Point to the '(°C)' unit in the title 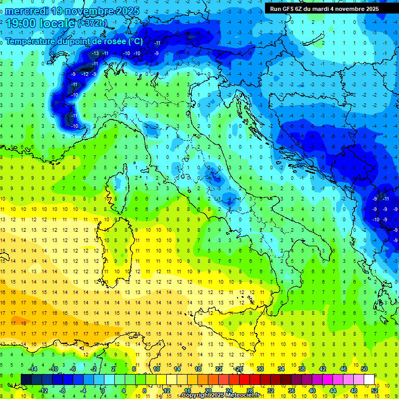click(135, 41)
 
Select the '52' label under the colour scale click(375, 391)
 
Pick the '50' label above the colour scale click(364, 369)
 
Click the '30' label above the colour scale click(260, 369)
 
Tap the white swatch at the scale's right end click(369, 380)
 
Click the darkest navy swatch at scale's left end click(26, 380)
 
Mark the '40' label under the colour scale click(312, 391)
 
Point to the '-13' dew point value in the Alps click(96, 54)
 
